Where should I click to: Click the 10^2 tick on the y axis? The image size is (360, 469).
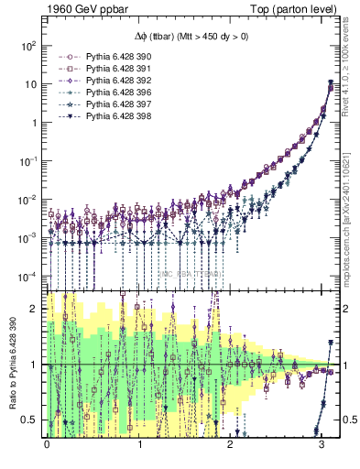pyautogui.click(x=30, y=45)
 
